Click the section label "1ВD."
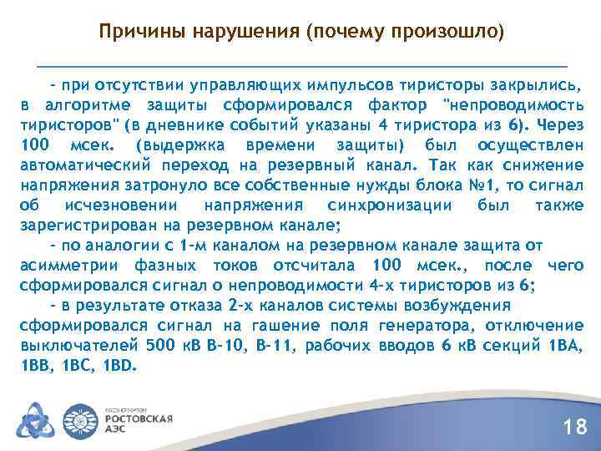pos(122,366)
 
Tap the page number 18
pos(575,428)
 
